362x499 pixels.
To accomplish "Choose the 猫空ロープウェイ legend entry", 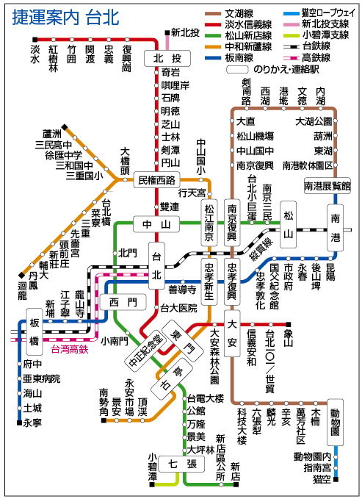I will [327, 12].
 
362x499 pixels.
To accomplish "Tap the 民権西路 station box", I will [157, 179].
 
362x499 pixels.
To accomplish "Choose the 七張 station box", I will [181, 464].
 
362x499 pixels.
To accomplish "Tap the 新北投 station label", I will [184, 33].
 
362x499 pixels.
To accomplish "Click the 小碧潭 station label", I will [152, 467].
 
